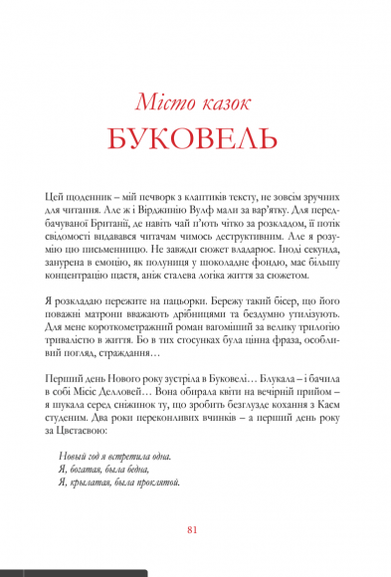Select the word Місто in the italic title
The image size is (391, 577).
point(162,98)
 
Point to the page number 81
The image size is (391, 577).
point(195,528)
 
